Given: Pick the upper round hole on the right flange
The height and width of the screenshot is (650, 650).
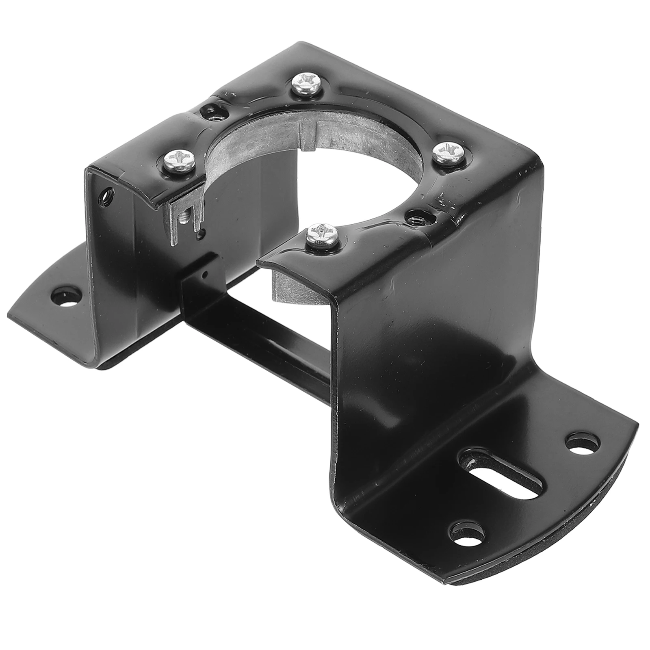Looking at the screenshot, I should coord(583,444).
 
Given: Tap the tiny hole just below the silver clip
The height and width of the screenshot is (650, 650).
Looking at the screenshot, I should coord(199,234).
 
